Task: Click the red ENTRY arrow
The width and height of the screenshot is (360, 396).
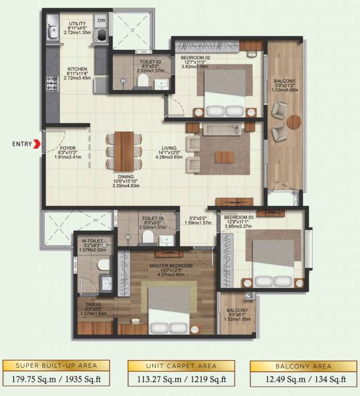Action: (37, 145)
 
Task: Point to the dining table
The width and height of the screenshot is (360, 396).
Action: (124, 150)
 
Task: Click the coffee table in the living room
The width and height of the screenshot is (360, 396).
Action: (224, 156)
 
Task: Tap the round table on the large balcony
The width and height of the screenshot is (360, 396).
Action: (293, 122)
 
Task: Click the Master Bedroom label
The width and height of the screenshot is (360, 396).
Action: (171, 266)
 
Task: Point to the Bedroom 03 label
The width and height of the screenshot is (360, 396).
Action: (237, 218)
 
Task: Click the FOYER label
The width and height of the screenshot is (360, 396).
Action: (64, 147)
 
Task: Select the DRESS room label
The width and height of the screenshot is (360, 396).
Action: (93, 304)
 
